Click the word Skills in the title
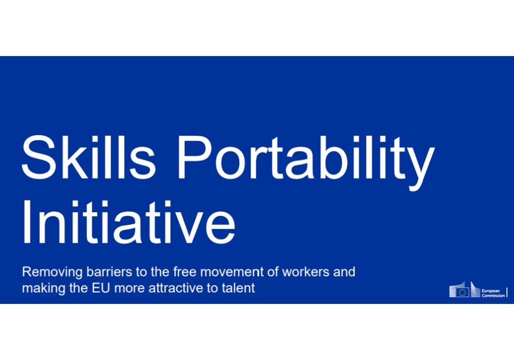(88, 157)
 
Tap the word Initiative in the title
(128, 222)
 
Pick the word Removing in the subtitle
(52, 273)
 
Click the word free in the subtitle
(185, 272)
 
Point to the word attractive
(176, 288)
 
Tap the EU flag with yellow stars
(462, 292)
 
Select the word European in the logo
(491, 291)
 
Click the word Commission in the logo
(493, 296)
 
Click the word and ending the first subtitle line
(344, 272)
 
